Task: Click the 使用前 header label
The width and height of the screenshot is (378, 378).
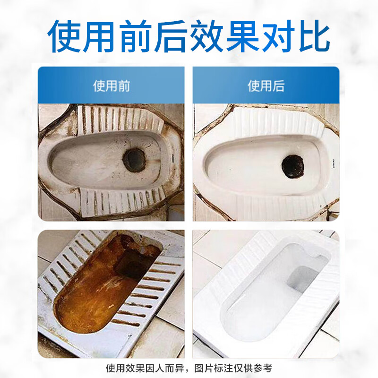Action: (x=111, y=86)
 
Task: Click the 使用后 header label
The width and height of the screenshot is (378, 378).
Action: (x=266, y=86)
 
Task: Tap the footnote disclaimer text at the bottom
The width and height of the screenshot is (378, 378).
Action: (x=189, y=368)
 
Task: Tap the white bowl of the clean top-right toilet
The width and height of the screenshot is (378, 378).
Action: (x=246, y=165)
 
